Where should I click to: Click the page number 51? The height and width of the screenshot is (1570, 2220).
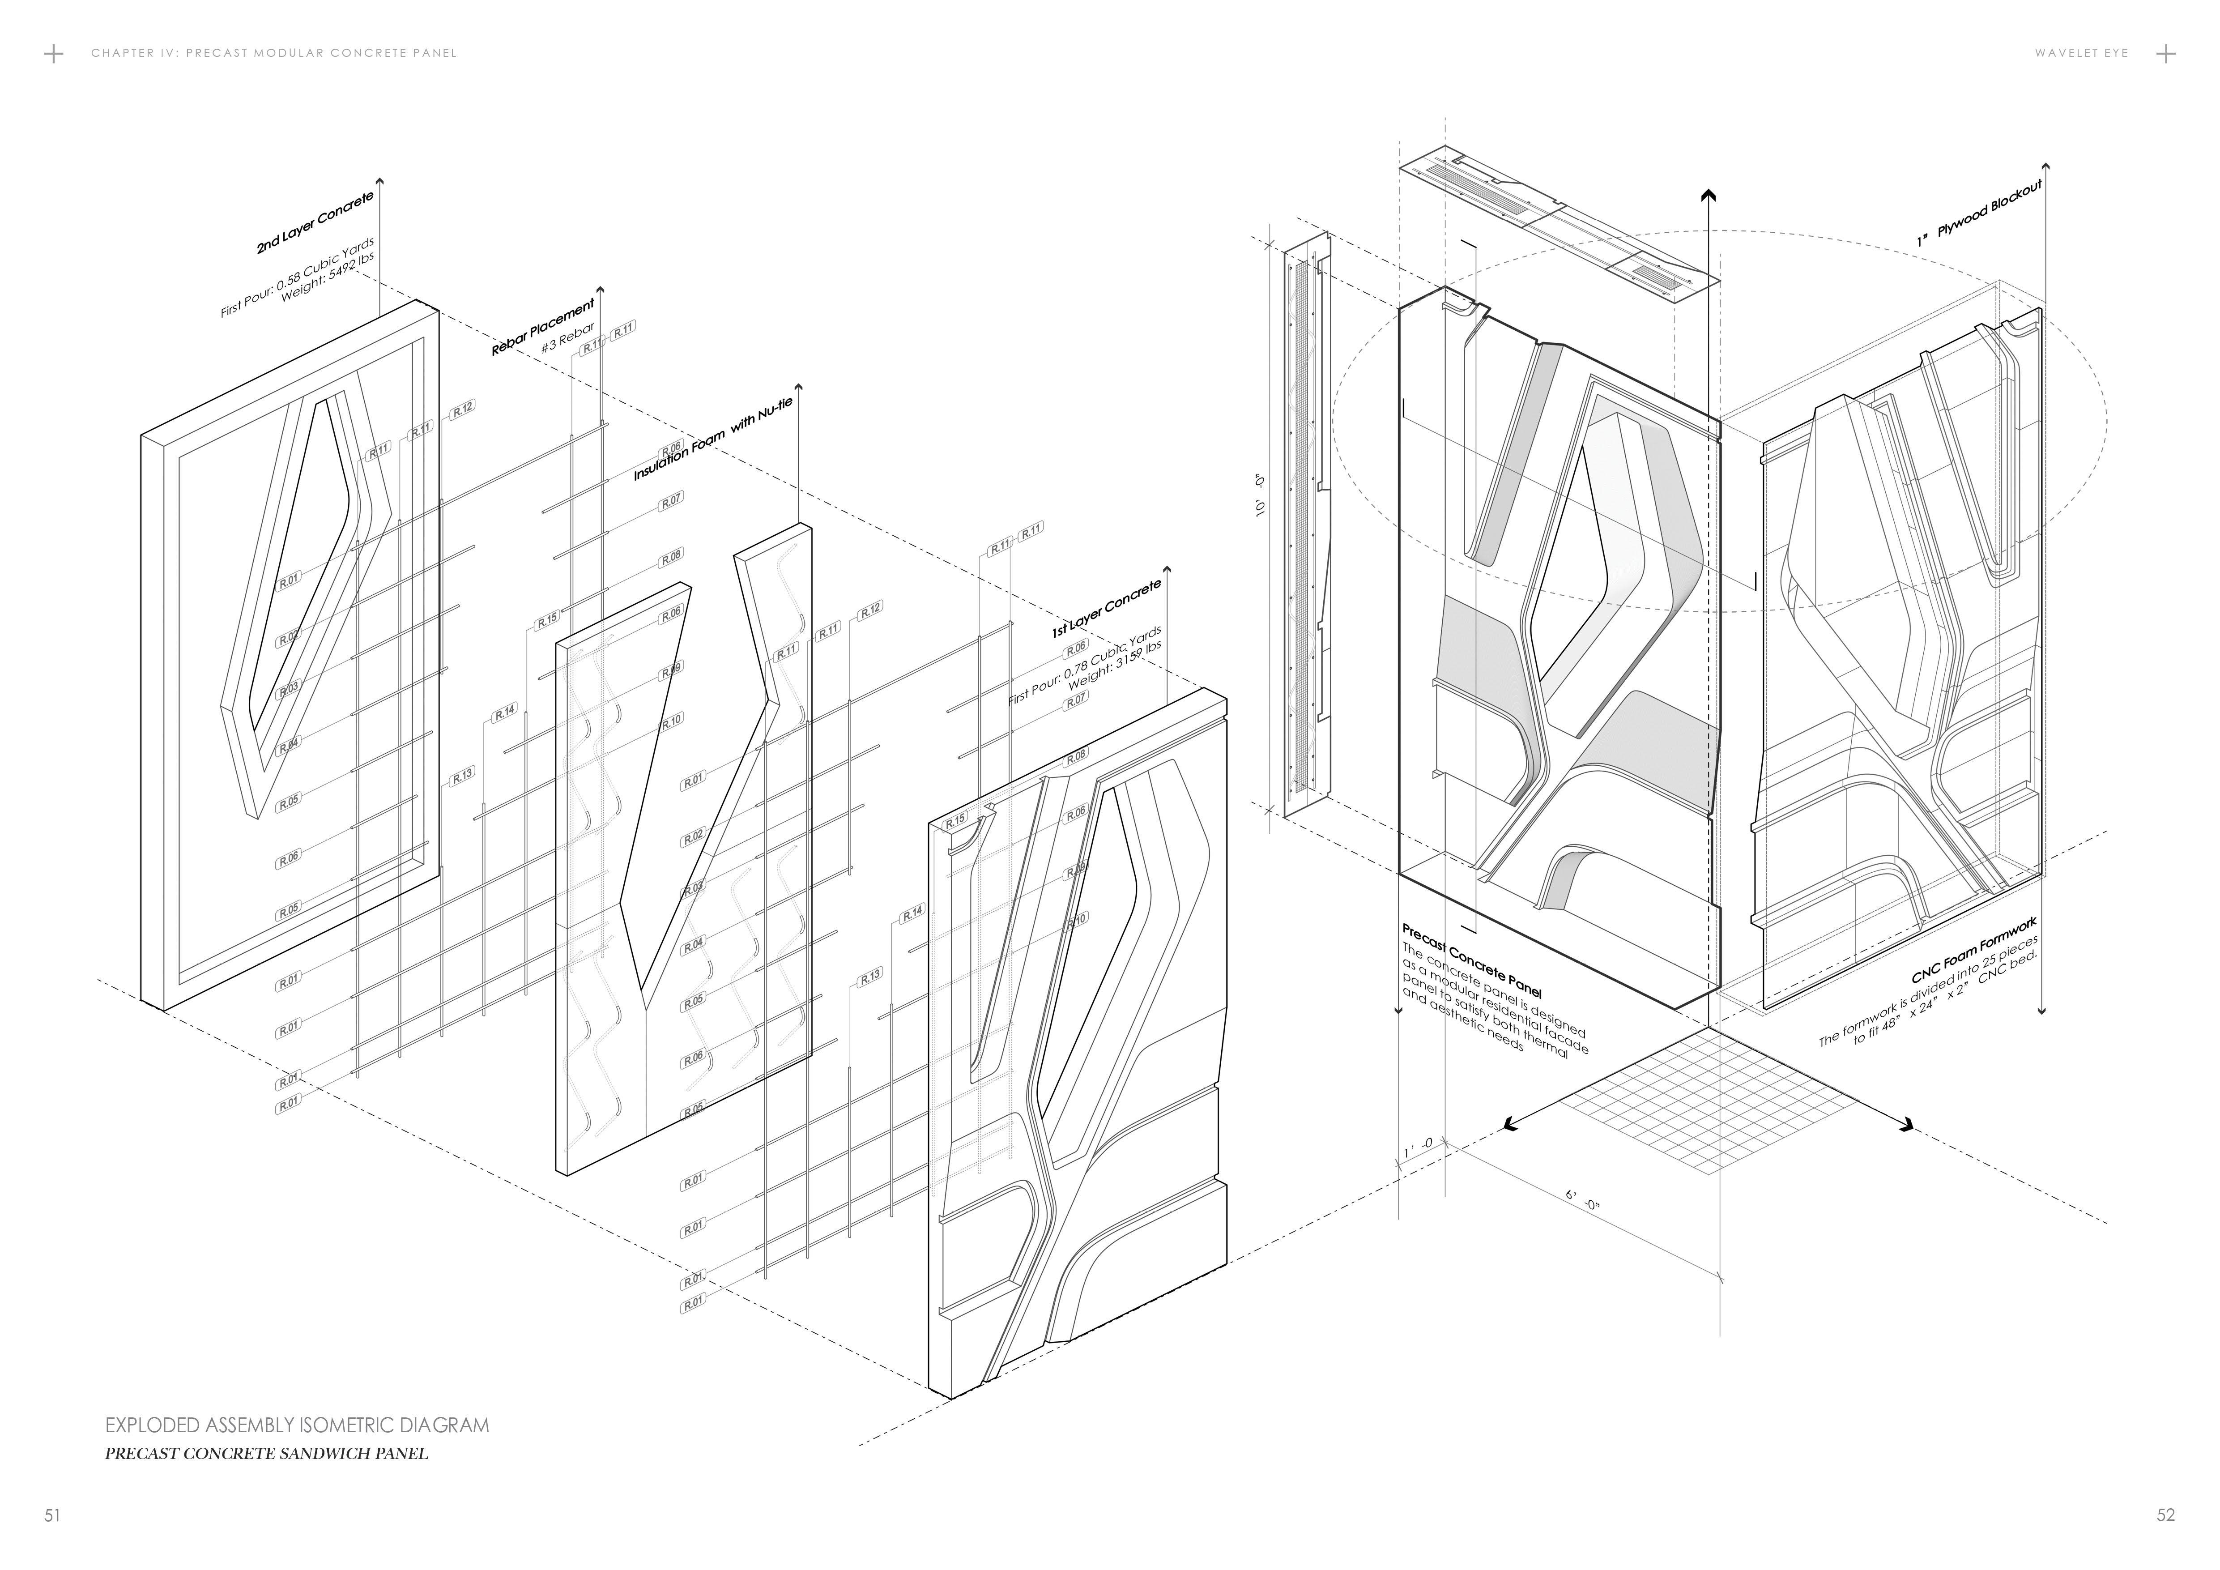[x=52, y=1515]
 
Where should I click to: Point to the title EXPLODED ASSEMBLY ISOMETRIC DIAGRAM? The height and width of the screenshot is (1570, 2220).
[x=297, y=1425]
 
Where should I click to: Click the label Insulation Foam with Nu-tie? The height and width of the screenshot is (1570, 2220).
[x=712, y=441]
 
